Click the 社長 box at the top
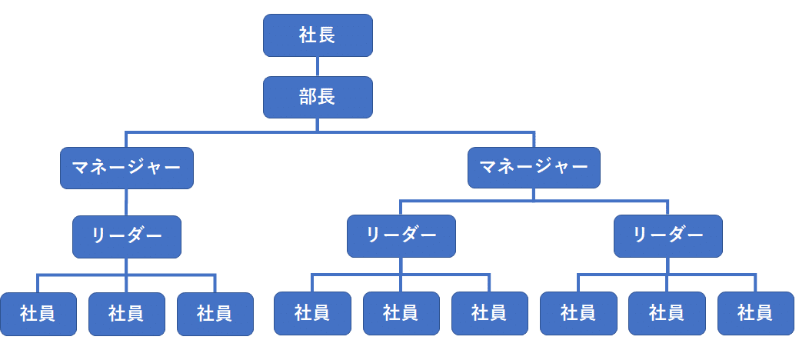[318, 35]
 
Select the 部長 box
[318, 98]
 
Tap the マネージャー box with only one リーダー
[127, 168]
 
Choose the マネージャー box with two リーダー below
[534, 168]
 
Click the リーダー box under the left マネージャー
[127, 236]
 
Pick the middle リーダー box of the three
[401, 236]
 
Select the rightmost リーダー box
[667, 236]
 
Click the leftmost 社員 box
[38, 314]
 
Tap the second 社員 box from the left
[126, 314]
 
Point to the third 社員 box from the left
[215, 314]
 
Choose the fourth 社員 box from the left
[312, 314]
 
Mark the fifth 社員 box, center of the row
[401, 314]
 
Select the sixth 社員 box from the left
[489, 314]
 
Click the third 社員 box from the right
[578, 314]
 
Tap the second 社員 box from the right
[667, 314]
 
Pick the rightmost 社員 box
[755, 314]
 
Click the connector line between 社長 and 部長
[318, 67]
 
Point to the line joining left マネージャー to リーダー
[127, 202]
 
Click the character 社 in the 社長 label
[308, 35]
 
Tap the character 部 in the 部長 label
[308, 98]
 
